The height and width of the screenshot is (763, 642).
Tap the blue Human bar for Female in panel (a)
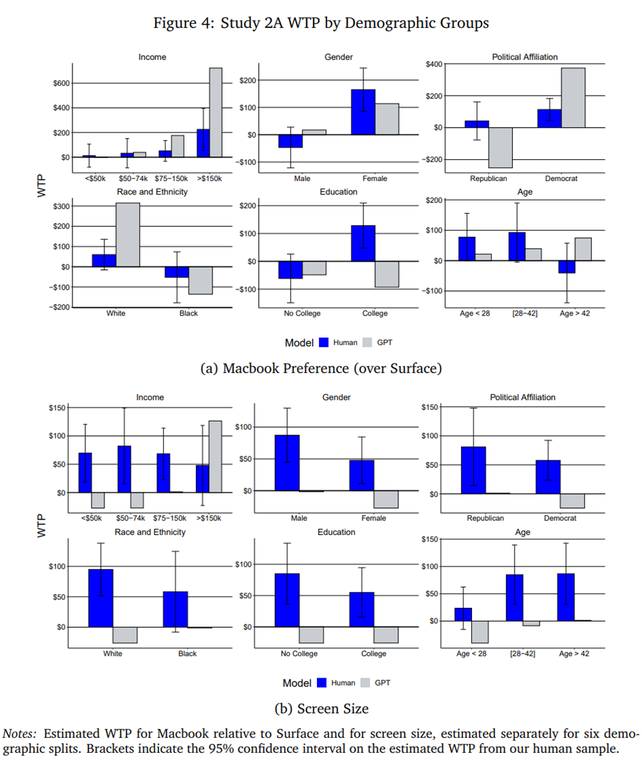click(364, 112)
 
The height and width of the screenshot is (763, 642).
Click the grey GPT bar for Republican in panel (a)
click(501, 148)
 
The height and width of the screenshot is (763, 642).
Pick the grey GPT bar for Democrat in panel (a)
click(573, 98)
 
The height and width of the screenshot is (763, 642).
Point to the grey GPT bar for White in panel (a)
click(127, 235)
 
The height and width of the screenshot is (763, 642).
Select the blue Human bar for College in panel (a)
click(364, 243)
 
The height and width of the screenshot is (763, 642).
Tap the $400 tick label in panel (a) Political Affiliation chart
click(433, 64)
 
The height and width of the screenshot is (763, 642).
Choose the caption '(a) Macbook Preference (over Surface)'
click(320, 368)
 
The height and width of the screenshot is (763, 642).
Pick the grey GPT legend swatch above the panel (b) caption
click(365, 682)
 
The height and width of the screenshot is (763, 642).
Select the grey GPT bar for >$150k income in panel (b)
click(216, 456)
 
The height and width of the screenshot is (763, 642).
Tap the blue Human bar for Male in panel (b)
click(287, 462)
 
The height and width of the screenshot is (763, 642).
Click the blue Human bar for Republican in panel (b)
click(473, 470)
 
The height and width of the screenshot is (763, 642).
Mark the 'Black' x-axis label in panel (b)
click(187, 654)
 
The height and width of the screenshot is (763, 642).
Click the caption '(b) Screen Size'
click(320, 708)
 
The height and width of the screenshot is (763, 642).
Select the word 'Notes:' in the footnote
click(21, 734)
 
